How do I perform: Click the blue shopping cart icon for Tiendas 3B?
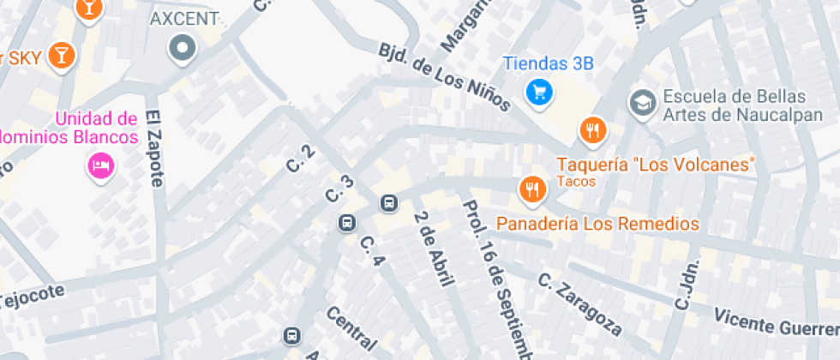[538, 91]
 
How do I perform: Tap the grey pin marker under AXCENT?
[183, 48]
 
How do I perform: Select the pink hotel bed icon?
[100, 165]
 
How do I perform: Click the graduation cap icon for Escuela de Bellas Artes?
[640, 103]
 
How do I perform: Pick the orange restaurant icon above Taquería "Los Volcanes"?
[592, 131]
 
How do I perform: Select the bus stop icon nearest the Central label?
[292, 335]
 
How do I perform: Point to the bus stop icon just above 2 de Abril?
[389, 203]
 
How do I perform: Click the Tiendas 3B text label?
[549, 63]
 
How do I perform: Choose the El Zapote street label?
[154, 147]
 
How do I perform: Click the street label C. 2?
[299, 156]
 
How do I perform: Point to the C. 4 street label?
[371, 249]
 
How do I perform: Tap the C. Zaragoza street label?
[579, 303]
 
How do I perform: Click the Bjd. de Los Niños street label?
[444, 75]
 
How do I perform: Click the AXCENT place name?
[184, 19]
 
